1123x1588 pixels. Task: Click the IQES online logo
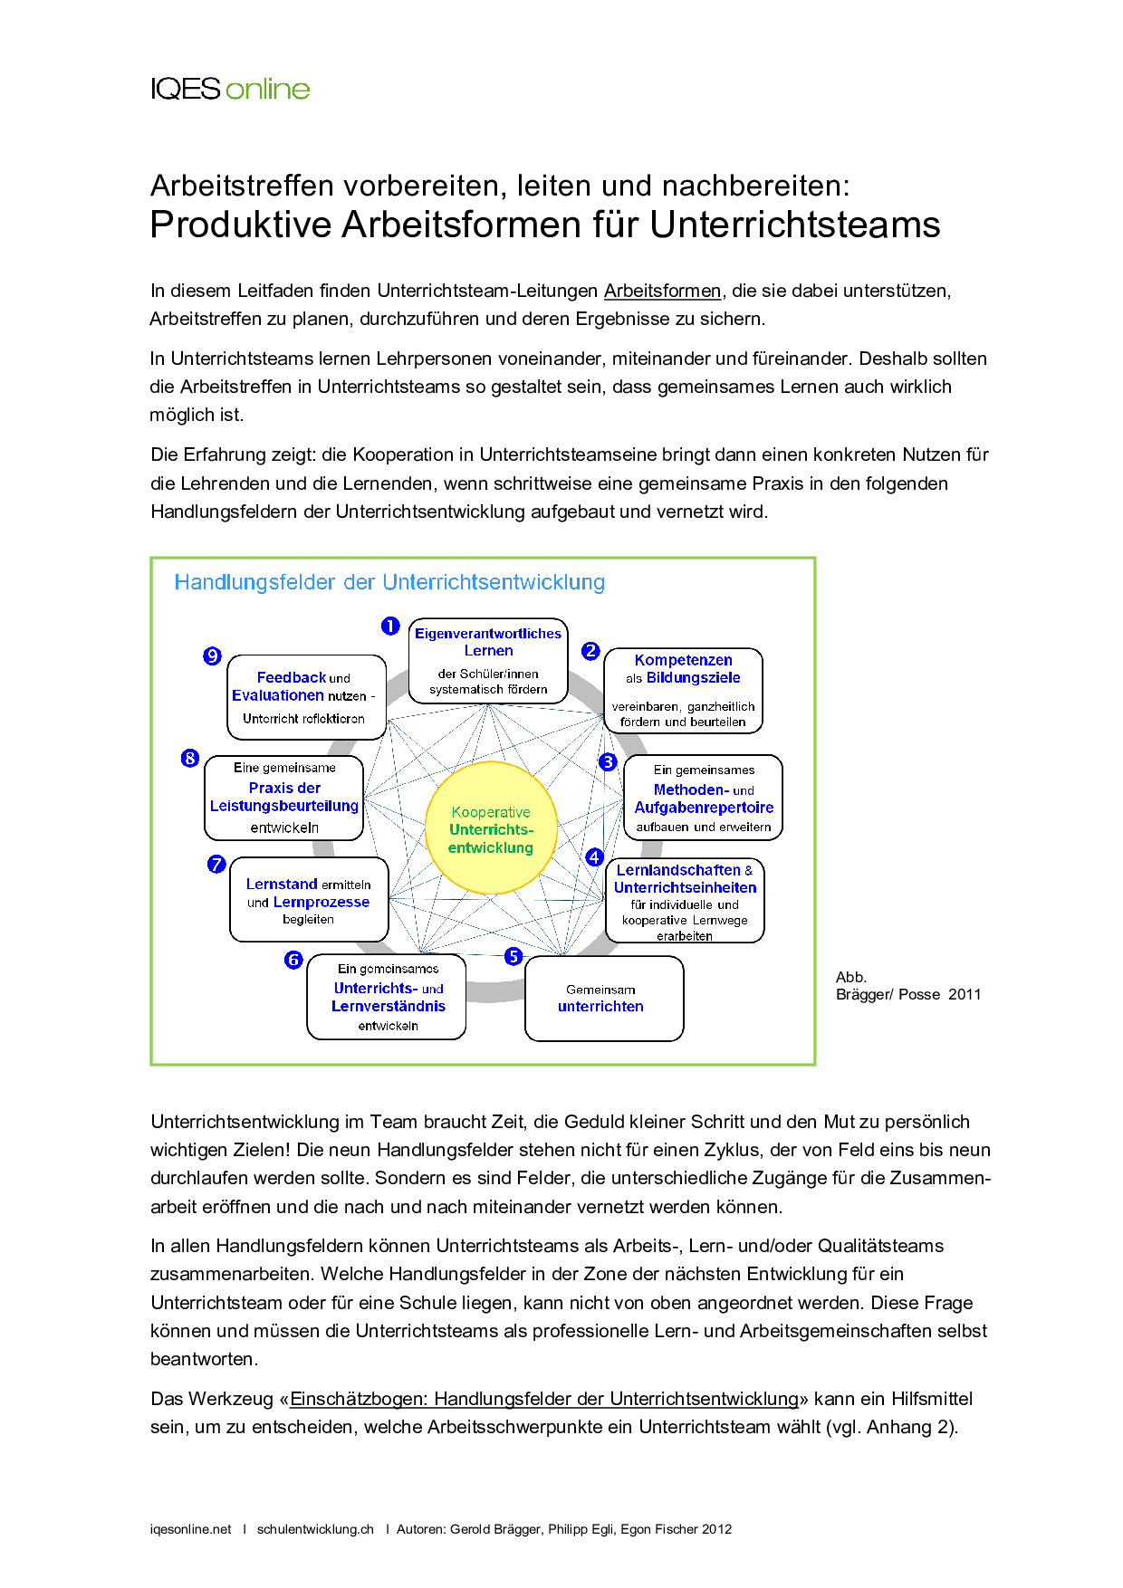click(230, 89)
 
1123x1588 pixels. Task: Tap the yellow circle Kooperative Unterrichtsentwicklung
click(491, 828)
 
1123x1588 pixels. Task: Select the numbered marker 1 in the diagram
click(390, 626)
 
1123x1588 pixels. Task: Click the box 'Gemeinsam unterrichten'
click(604, 999)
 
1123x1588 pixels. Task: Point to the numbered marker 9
click(213, 655)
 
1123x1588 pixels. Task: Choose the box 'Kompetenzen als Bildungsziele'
click(683, 690)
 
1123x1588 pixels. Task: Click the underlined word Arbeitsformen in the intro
click(662, 291)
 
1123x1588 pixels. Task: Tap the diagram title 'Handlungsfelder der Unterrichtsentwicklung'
click(389, 582)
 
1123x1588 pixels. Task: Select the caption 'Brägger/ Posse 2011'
click(908, 994)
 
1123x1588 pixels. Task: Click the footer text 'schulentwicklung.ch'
click(315, 1529)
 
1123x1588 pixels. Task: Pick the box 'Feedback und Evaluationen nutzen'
click(306, 697)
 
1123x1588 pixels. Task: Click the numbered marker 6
click(293, 960)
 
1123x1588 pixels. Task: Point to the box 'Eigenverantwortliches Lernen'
click(488, 661)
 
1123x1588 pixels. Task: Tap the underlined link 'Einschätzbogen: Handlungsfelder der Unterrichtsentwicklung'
click(544, 1399)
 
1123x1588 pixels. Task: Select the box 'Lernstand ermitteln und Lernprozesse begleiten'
click(309, 900)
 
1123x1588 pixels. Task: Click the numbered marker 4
click(594, 856)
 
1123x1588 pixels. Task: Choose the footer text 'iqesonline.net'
click(191, 1529)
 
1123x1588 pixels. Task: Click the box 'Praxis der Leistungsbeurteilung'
click(284, 798)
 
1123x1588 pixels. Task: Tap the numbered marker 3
click(609, 761)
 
